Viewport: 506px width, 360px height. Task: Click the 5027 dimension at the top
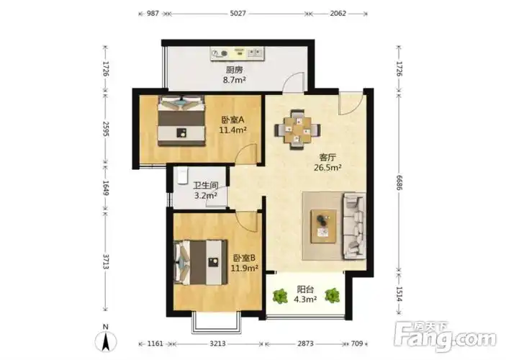pyautogui.click(x=238, y=14)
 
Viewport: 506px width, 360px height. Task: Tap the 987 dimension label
pyautogui.click(x=153, y=14)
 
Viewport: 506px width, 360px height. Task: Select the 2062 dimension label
pyautogui.click(x=338, y=14)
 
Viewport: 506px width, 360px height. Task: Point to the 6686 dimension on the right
pyautogui.click(x=399, y=183)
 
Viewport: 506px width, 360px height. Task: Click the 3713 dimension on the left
pyautogui.click(x=106, y=261)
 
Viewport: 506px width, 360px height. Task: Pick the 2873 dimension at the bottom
pyautogui.click(x=305, y=343)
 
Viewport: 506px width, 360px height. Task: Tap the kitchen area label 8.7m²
pyautogui.click(x=235, y=80)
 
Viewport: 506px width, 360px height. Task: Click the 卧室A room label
pyautogui.click(x=233, y=120)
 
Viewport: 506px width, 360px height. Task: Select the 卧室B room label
pyautogui.click(x=244, y=258)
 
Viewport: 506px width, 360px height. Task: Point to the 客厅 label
pyautogui.click(x=327, y=158)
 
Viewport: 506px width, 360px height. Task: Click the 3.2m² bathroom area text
pyautogui.click(x=205, y=195)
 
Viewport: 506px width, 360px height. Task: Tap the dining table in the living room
pyautogui.click(x=297, y=130)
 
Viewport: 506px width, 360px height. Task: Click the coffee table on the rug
pyautogui.click(x=323, y=226)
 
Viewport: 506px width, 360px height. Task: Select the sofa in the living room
pyautogui.click(x=354, y=226)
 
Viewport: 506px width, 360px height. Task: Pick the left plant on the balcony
pyautogui.click(x=280, y=296)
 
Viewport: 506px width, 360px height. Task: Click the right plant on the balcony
pyautogui.click(x=332, y=295)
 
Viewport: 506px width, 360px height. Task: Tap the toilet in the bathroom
pyautogui.click(x=182, y=175)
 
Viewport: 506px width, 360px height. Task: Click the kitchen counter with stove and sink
pyautogui.click(x=238, y=53)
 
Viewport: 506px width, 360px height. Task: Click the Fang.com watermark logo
pyautogui.click(x=446, y=337)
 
